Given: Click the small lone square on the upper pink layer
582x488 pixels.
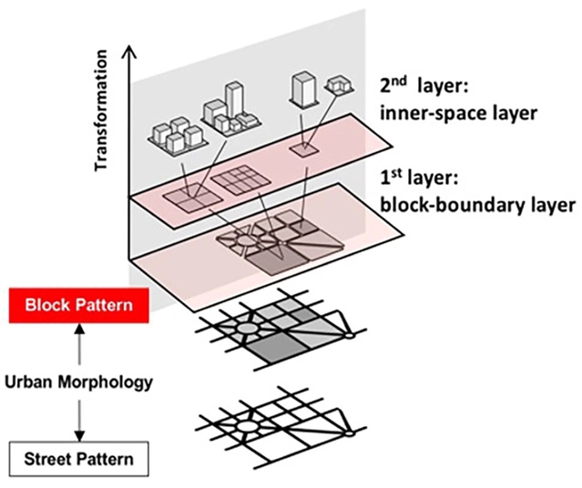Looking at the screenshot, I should click(x=303, y=147).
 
